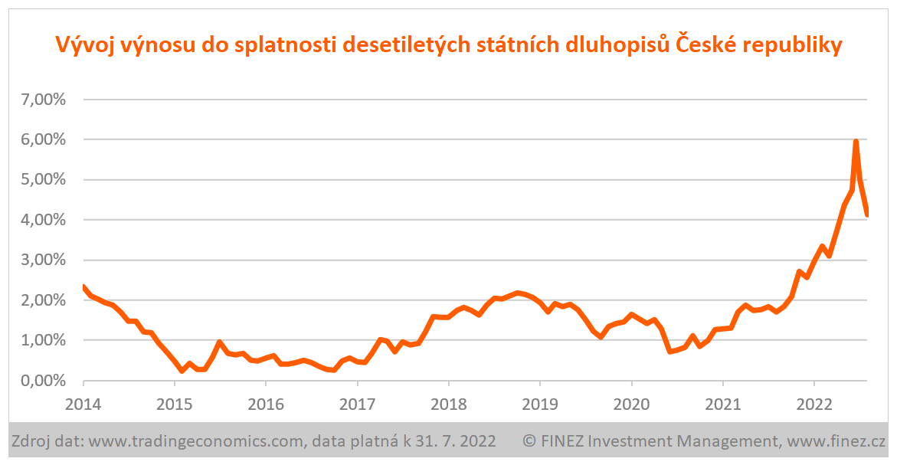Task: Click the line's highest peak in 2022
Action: point(856,142)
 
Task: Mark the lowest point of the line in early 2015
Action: point(182,371)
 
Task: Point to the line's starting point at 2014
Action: point(83,287)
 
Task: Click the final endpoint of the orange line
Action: point(867,215)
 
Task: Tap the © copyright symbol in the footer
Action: point(529,441)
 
